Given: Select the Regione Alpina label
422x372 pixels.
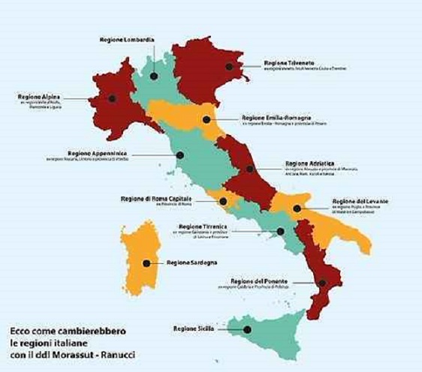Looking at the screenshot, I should click(x=40, y=97).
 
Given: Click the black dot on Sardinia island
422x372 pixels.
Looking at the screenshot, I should click(x=146, y=262).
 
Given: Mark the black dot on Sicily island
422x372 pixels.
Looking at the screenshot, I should click(x=247, y=329).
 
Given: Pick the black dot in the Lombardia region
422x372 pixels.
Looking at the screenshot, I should click(x=154, y=76).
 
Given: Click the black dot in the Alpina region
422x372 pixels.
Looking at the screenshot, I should click(x=112, y=97).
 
